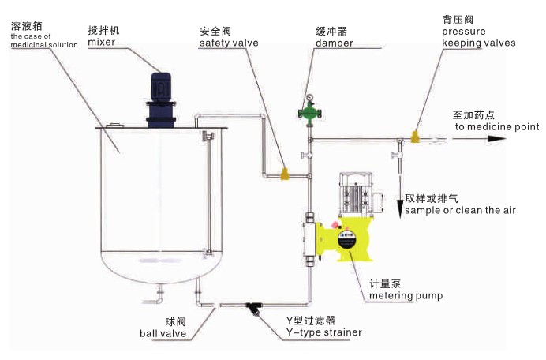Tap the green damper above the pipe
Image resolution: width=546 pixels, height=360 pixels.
tap(309, 111)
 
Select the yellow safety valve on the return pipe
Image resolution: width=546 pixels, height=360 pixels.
tap(285, 171)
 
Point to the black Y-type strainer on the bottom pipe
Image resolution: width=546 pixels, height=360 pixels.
tap(255, 307)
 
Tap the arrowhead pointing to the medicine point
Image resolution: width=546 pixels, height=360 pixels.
tap(496, 139)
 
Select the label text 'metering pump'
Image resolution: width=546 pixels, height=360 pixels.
tap(406, 296)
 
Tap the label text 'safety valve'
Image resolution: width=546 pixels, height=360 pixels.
tap(228, 43)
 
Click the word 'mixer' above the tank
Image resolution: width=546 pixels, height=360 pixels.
tap(102, 43)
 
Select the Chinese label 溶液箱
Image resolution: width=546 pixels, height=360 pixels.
tap(26, 26)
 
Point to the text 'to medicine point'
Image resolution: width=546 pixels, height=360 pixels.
tap(496, 126)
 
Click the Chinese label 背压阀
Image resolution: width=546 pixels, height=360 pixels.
tap(457, 18)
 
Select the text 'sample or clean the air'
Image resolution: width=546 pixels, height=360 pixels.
tap(462, 211)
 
